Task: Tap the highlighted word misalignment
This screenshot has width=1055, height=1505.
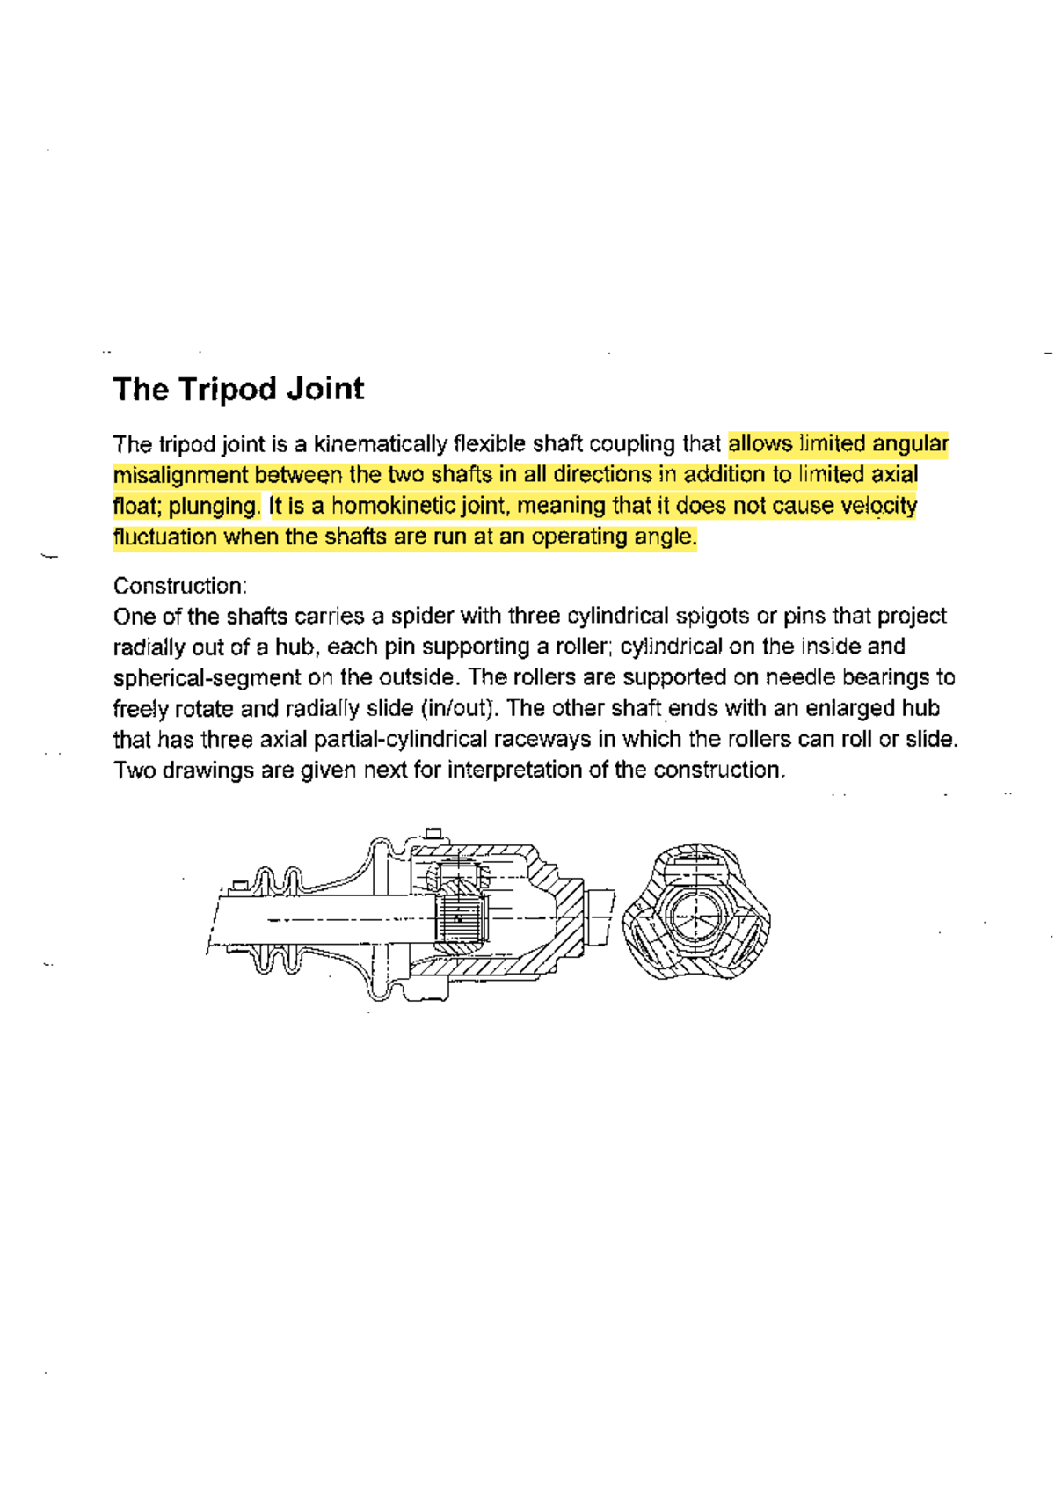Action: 180,476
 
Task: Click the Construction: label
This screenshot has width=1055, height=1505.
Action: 180,586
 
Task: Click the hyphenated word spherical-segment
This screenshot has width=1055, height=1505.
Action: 207,678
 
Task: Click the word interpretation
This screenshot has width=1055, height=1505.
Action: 514,771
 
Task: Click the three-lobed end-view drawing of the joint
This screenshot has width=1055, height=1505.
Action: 695,912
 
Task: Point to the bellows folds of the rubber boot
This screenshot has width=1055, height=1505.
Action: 277,919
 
